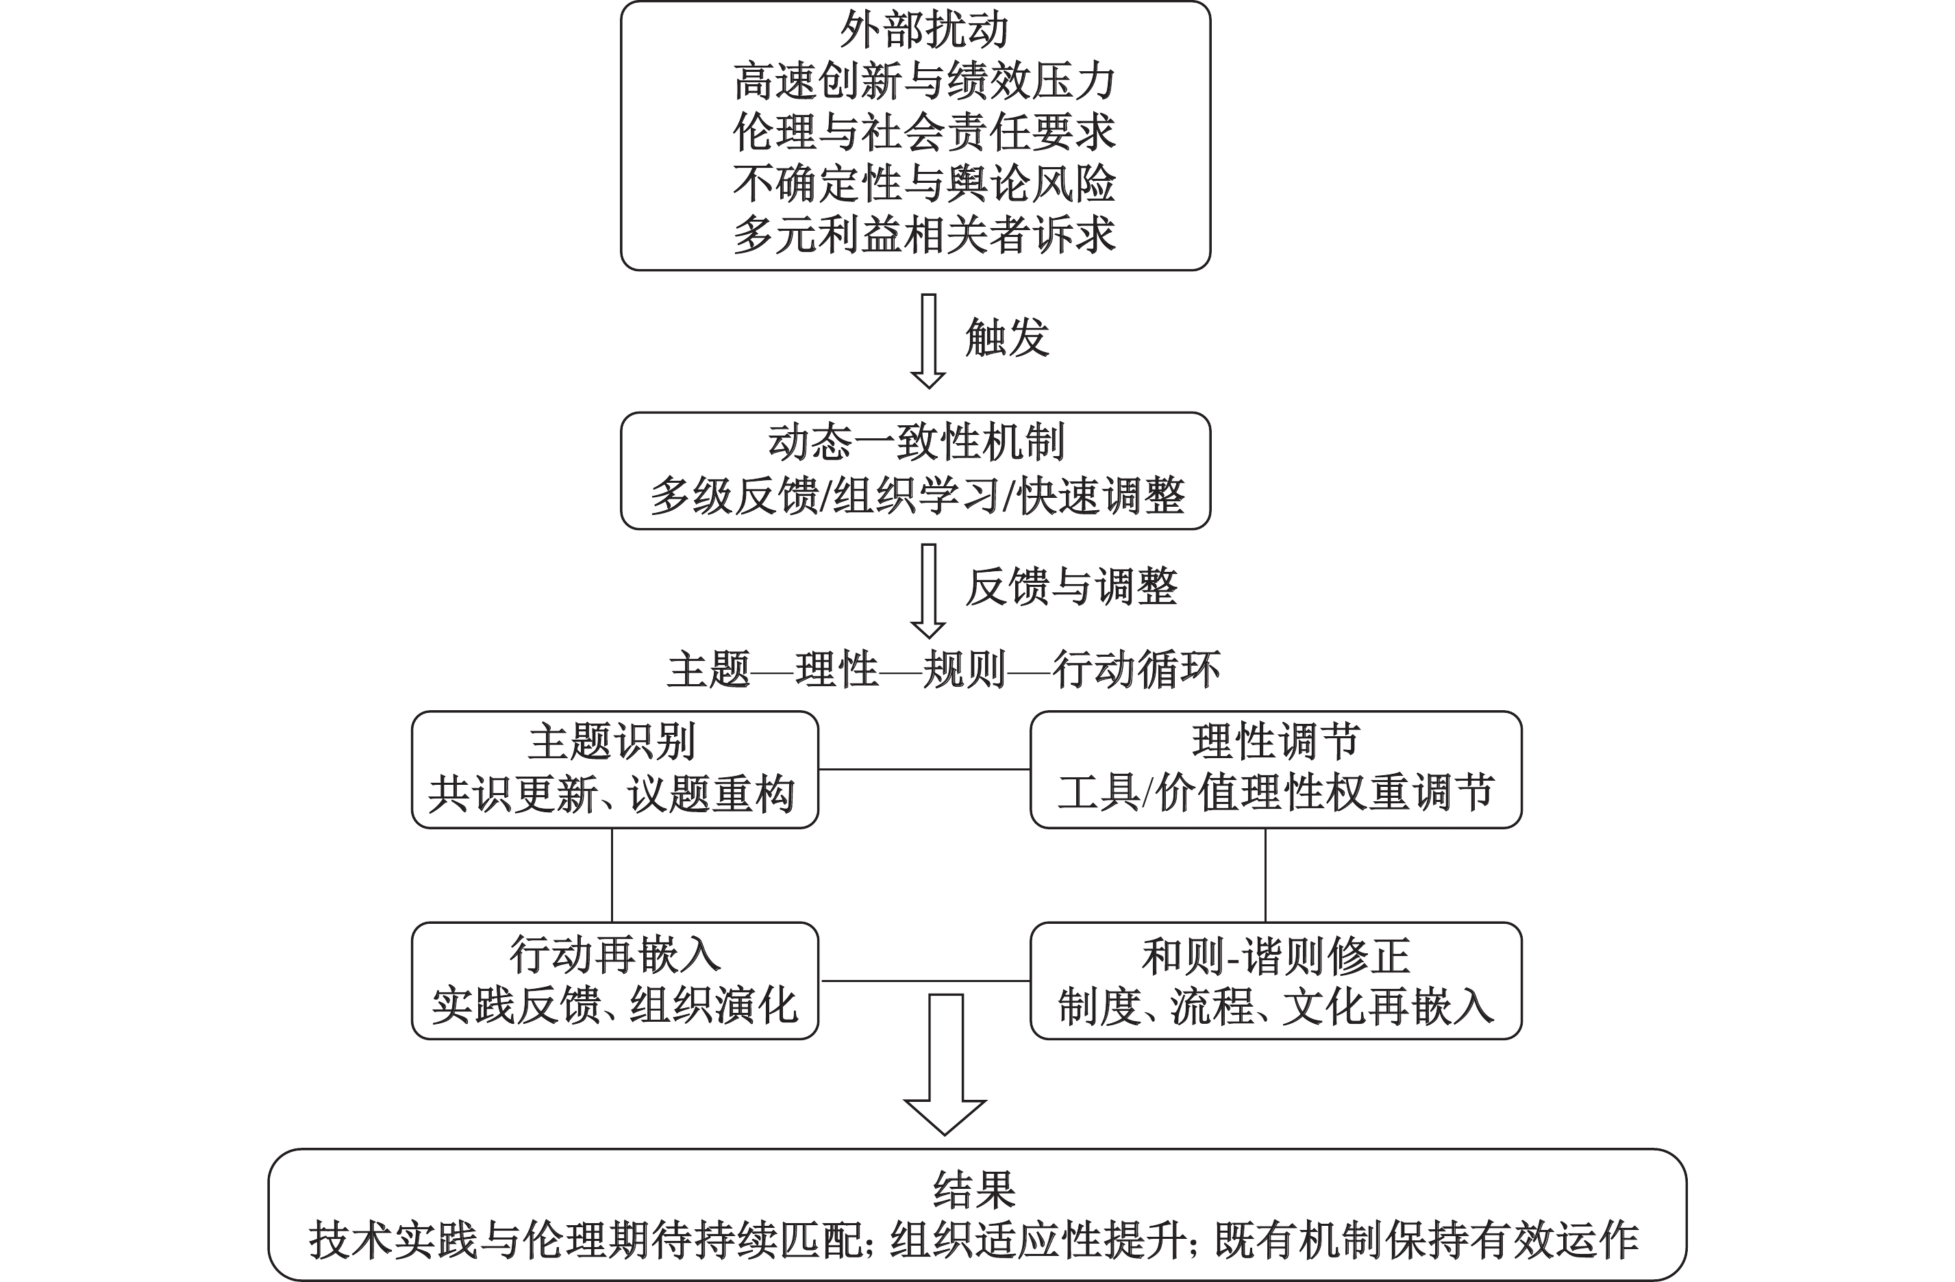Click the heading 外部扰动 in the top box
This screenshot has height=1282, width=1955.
[923, 30]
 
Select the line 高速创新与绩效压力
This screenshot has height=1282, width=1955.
[923, 81]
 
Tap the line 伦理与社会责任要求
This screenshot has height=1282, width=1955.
[923, 132]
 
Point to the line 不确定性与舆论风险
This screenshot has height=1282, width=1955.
[923, 183]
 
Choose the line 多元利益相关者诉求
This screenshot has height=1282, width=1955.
[923, 234]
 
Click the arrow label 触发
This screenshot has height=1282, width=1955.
[1007, 338]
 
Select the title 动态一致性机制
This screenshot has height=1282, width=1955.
[916, 442]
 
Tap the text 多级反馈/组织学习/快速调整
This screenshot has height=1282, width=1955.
[917, 496]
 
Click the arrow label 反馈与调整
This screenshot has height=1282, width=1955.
[1071, 587]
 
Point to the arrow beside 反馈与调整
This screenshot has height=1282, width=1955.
[928, 591]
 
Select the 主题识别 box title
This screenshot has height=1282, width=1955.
[612, 742]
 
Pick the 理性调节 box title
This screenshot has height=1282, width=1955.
[1275, 742]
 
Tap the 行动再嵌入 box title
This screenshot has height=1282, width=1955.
[615, 955]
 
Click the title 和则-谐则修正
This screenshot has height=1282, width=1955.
[1275, 956]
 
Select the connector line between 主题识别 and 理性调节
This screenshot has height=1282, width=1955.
[925, 770]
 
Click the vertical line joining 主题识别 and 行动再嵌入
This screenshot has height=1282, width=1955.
[612, 875]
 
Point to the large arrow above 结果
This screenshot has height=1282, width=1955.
[945, 1065]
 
